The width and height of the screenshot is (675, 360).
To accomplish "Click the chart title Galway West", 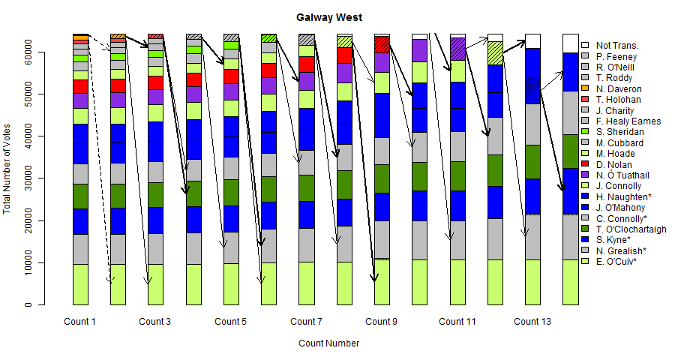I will (329, 17).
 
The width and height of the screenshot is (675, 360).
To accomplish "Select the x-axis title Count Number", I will (328, 343).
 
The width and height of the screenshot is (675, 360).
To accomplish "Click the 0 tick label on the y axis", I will (27, 305).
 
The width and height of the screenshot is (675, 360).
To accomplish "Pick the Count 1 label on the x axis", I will (79, 322).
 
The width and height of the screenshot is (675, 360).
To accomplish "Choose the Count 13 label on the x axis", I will (532, 322).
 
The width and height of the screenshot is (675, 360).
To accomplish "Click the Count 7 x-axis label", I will (306, 322).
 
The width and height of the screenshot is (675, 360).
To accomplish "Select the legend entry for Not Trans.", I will (617, 46).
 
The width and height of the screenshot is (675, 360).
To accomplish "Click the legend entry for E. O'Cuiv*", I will (616, 262).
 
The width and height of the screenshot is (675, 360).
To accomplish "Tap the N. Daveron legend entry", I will (619, 88).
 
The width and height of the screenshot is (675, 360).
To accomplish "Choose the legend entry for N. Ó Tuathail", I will (623, 175).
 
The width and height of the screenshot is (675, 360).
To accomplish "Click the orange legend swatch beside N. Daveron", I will (585, 88).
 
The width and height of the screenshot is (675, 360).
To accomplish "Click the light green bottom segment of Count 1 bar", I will (80, 285).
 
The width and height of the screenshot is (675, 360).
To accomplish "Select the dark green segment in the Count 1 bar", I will (80, 196).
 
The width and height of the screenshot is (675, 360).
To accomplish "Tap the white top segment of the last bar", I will (571, 43).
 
